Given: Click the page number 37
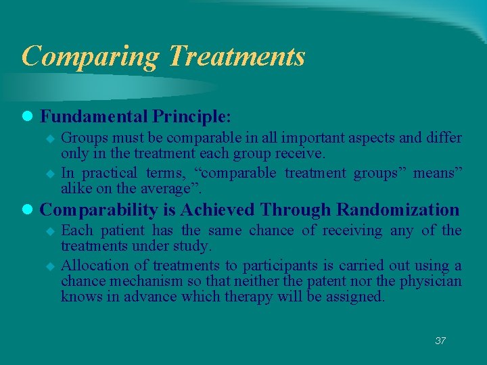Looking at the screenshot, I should point(440,341).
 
